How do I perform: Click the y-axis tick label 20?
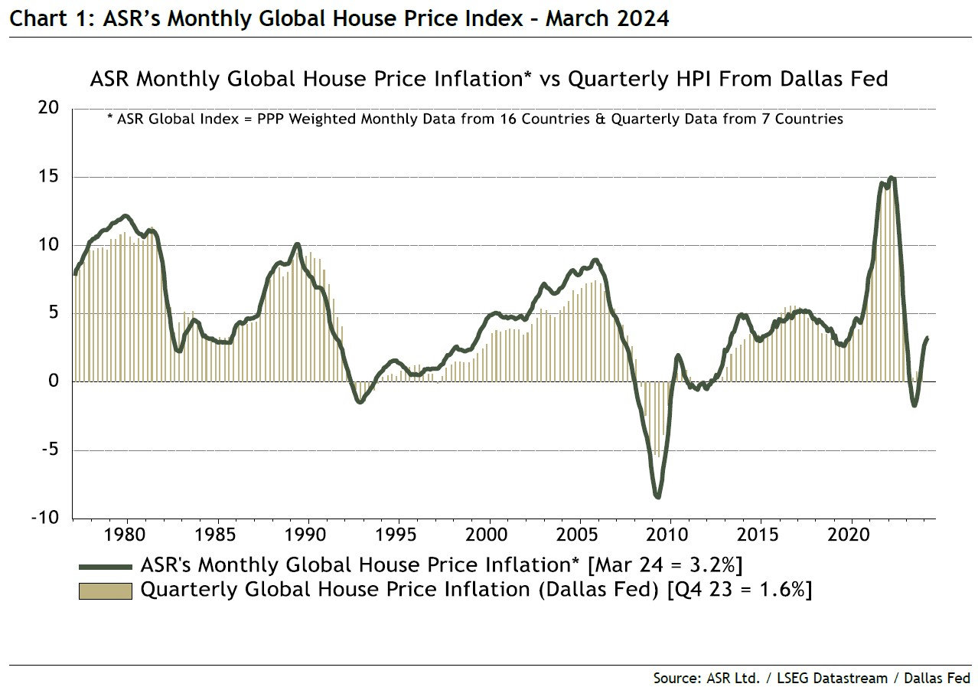[47, 109]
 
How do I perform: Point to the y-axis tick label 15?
[47, 177]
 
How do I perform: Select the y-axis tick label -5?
[47, 450]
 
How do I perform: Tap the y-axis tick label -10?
[44, 519]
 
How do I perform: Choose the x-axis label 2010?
[670, 533]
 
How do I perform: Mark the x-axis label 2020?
[852, 533]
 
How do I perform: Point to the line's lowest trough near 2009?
[657, 496]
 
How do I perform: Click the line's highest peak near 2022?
[891, 178]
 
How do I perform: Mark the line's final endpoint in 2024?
[927, 338]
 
